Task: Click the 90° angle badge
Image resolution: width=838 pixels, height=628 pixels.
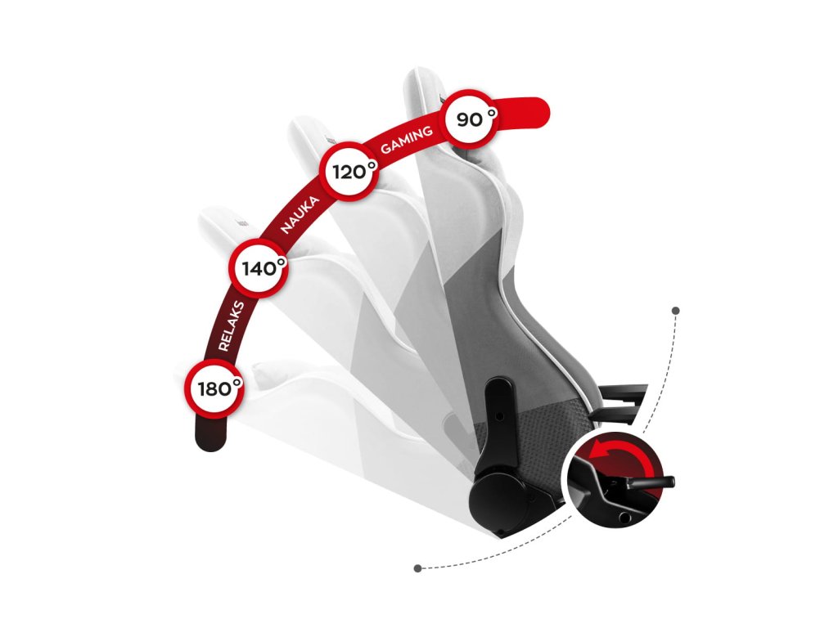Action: (470, 120)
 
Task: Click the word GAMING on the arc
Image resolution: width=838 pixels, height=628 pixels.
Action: (407, 141)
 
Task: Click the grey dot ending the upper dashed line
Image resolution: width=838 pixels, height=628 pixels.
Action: (675, 311)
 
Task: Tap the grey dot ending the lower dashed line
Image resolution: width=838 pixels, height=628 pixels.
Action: (418, 567)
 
